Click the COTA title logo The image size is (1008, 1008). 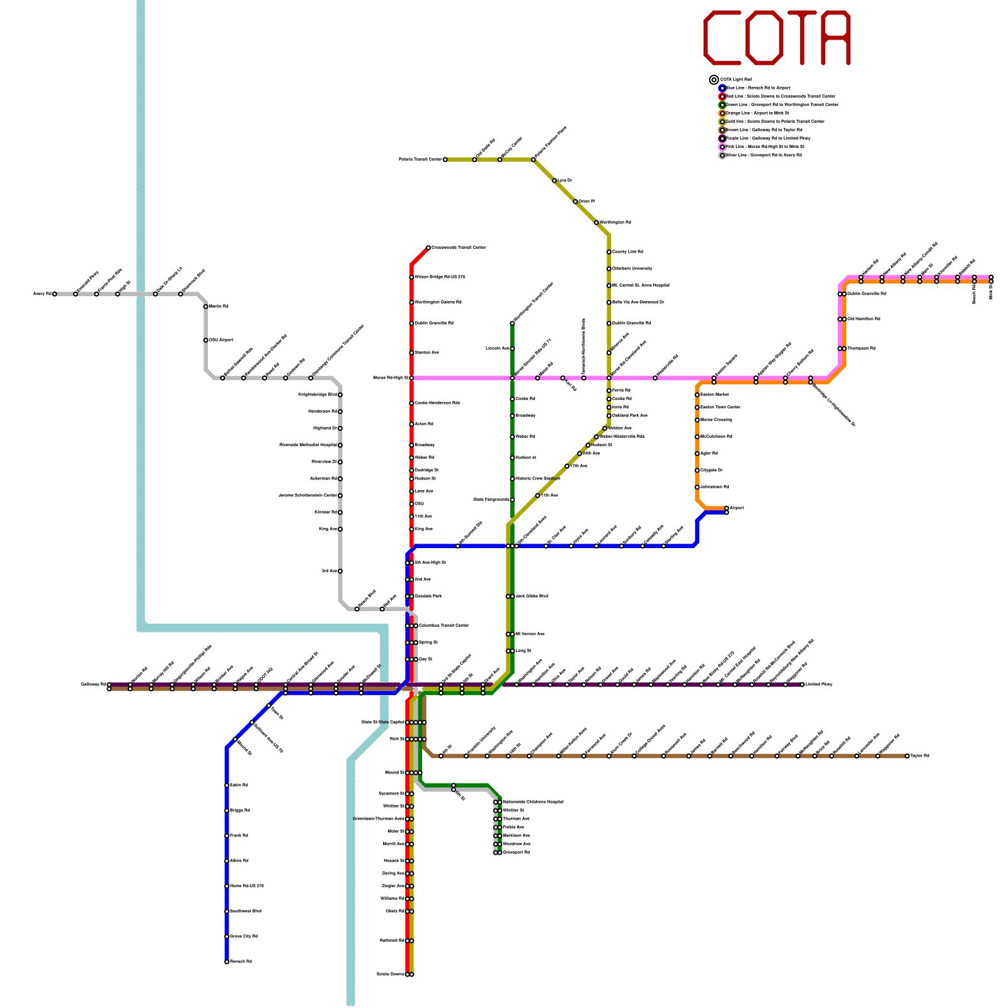pos(777,38)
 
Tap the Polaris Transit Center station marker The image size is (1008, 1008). pos(445,160)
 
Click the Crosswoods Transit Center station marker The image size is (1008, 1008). pos(428,248)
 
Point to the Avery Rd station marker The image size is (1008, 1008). pos(55,294)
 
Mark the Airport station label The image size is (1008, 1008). pos(736,508)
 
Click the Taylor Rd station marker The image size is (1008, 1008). pos(907,756)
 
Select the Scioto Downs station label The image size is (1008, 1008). pos(390,975)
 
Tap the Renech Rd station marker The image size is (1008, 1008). pos(227,962)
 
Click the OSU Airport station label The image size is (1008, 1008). pos(221,340)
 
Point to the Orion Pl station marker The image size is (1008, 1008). pos(575,202)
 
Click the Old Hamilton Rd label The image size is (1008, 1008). pos(864,319)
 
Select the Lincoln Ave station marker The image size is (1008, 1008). pos(512,348)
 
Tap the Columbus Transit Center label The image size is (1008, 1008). pos(444,626)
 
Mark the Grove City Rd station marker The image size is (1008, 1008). pos(227,937)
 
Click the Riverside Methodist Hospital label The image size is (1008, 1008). pos(308,445)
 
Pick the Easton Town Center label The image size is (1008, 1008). pos(721,408)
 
